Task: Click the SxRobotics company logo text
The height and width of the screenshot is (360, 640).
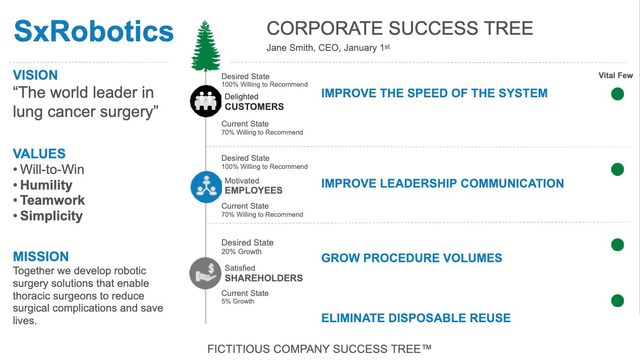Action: (x=94, y=31)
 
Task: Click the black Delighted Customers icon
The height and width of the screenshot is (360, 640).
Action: (x=206, y=101)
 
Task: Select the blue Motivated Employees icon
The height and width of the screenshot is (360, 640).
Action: (x=206, y=187)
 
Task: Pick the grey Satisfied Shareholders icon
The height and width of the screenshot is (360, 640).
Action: (x=205, y=273)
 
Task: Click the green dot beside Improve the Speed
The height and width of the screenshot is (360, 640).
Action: (x=617, y=94)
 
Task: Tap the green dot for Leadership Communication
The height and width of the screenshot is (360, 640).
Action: (x=617, y=169)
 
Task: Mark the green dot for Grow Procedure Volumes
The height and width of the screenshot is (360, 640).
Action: (x=617, y=245)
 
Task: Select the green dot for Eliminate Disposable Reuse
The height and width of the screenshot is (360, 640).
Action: (x=617, y=301)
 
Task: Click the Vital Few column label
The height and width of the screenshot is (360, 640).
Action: (x=615, y=76)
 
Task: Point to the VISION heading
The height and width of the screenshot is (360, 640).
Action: (x=35, y=75)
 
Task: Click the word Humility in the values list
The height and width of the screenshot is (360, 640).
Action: (x=46, y=185)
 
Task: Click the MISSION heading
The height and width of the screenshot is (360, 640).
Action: (x=41, y=256)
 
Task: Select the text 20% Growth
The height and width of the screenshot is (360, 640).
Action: (x=242, y=252)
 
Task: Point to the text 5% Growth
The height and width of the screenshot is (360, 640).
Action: (x=238, y=302)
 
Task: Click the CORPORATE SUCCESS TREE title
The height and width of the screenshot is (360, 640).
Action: (x=399, y=28)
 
